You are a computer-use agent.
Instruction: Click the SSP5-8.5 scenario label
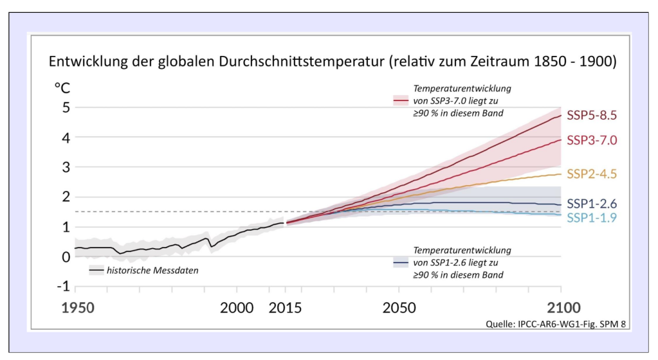pos(592,115)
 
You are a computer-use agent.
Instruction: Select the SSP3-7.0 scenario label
pos(592,140)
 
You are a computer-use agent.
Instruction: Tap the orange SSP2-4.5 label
pos(592,174)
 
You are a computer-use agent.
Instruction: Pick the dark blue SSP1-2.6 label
pos(592,204)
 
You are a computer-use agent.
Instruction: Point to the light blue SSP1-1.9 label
pos(592,217)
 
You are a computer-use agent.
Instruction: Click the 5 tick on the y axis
pos(66,107)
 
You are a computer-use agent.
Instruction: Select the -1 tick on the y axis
pos(64,286)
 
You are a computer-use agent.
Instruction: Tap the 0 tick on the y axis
pos(66,256)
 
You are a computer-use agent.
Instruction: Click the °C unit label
pos(62,88)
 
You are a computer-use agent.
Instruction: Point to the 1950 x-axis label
pos(78,307)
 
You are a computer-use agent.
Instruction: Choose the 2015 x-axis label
pos(285,307)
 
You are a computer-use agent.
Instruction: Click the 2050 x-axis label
pos(399,307)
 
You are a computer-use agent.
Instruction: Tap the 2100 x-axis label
pos(563,307)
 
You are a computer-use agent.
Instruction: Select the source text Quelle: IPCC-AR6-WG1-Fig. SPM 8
pos(556,324)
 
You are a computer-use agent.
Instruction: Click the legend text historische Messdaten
pos(152,270)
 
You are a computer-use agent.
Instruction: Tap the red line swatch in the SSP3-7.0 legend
pos(400,101)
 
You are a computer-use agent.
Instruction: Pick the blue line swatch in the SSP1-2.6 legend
pos(400,263)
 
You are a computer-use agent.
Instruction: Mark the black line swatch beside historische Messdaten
pos(96,270)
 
